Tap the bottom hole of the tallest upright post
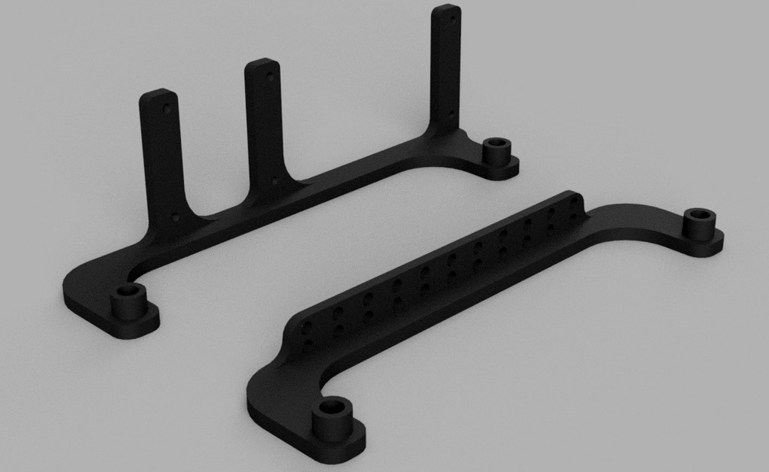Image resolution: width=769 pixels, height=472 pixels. click(x=451, y=114)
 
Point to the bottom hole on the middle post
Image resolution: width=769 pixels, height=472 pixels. click(x=274, y=181)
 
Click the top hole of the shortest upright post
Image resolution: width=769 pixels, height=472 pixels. click(x=167, y=107)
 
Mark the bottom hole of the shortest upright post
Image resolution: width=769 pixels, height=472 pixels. click(x=175, y=216)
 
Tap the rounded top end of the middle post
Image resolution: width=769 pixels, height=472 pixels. click(x=263, y=64)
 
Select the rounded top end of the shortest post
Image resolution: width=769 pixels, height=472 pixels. click(x=158, y=95)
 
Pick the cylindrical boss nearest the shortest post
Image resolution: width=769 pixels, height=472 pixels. click(x=129, y=303)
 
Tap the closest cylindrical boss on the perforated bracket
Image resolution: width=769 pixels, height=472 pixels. click(x=332, y=420)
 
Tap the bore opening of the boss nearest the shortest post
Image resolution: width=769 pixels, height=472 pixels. click(x=128, y=290)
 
